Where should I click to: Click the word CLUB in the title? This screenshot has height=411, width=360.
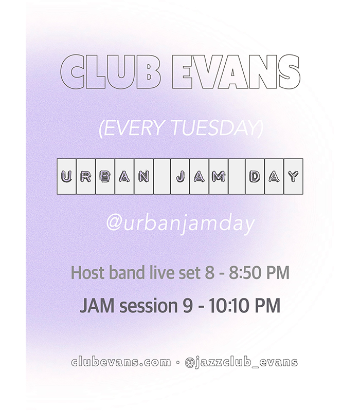click(x=110, y=72)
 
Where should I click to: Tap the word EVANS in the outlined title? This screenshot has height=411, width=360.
click(x=236, y=72)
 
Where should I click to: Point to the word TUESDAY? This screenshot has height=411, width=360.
click(x=217, y=128)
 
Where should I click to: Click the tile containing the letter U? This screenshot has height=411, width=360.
click(x=67, y=176)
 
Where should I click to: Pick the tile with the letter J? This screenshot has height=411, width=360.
click(x=180, y=176)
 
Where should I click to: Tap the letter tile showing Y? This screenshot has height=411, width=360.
click(x=293, y=176)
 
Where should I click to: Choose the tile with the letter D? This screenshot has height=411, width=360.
click(x=255, y=176)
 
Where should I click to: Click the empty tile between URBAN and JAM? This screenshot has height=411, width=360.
click(x=162, y=176)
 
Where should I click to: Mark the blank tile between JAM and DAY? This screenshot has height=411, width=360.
click(x=237, y=176)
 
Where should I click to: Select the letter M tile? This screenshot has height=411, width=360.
click(x=219, y=176)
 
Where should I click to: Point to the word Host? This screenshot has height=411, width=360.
click(x=88, y=273)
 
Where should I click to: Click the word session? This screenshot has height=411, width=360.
click(x=149, y=306)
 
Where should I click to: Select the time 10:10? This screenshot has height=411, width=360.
click(x=229, y=306)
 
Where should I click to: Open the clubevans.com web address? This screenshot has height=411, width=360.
click(x=121, y=362)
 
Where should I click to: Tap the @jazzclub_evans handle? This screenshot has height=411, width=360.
click(x=241, y=363)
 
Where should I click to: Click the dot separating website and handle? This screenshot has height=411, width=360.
click(x=178, y=363)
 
